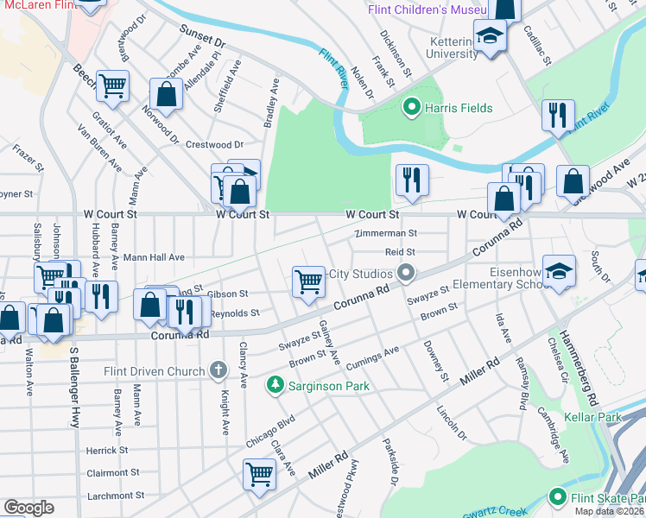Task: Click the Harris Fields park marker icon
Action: [412, 108]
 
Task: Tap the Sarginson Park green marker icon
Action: [275, 383]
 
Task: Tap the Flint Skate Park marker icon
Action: [557, 498]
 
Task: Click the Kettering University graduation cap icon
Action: [491, 37]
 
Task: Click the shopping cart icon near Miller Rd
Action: [259, 474]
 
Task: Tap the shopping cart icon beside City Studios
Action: [308, 281]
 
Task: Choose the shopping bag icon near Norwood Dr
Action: [166, 94]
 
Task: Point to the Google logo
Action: [28, 508]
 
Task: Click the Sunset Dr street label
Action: [202, 35]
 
